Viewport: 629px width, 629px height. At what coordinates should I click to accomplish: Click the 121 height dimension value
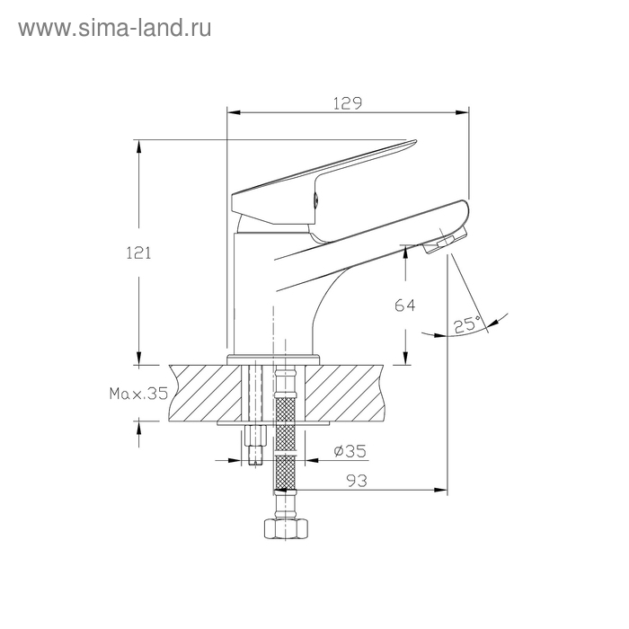pyautogui.click(x=137, y=252)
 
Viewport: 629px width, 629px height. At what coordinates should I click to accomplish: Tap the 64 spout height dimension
pyautogui.click(x=405, y=306)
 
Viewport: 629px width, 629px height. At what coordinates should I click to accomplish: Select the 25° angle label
pyautogui.click(x=466, y=324)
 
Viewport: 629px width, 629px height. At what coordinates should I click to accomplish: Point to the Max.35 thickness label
pyautogui.click(x=138, y=394)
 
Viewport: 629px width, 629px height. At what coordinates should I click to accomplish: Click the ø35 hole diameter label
pyautogui.click(x=349, y=452)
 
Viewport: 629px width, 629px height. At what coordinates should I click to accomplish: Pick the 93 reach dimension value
pyautogui.click(x=358, y=481)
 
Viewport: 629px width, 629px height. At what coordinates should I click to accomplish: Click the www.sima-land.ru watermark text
pyautogui.click(x=114, y=28)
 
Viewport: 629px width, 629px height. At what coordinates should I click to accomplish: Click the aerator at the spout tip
pyautogui.click(x=446, y=243)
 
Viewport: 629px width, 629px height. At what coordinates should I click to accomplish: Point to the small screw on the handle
pyautogui.click(x=315, y=201)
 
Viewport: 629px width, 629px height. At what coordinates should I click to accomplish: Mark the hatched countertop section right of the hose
pyautogui.click(x=350, y=391)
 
